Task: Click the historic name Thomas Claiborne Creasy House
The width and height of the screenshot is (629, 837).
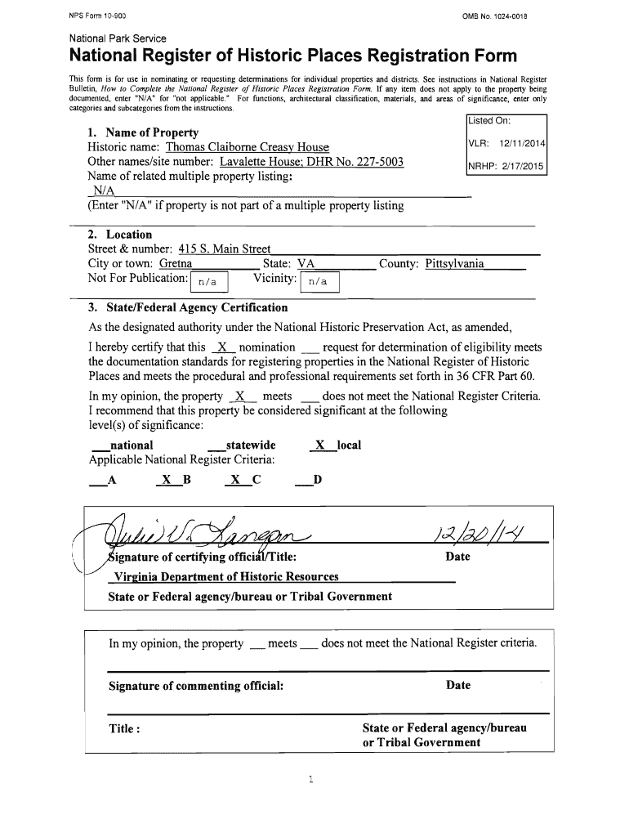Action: pyautogui.click(x=247, y=147)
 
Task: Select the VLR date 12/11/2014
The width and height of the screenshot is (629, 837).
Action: pyautogui.click(x=522, y=144)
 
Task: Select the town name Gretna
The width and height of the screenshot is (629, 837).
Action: pyautogui.click(x=175, y=264)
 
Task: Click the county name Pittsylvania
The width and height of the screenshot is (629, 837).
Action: pyautogui.click(x=454, y=264)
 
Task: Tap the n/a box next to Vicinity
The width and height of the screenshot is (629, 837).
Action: pyautogui.click(x=319, y=282)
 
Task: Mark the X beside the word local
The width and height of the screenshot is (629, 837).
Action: pyautogui.click(x=320, y=445)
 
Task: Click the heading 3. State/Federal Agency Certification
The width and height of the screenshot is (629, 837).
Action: pyautogui.click(x=188, y=307)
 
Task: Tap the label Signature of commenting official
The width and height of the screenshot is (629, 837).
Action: pyautogui.click(x=196, y=685)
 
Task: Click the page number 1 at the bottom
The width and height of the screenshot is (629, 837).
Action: pyautogui.click(x=311, y=778)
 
